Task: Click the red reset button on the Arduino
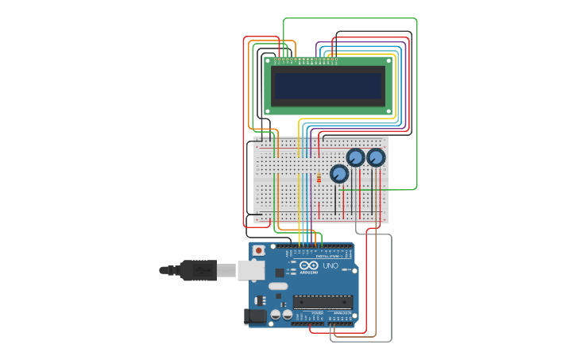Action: (x=258, y=250)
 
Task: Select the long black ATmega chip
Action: (x=323, y=301)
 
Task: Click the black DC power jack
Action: (x=255, y=316)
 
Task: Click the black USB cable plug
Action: (x=199, y=270)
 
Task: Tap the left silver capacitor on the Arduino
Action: (x=276, y=315)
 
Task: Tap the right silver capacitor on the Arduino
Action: (x=287, y=315)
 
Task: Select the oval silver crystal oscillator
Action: (x=278, y=286)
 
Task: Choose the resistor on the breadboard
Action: (x=319, y=178)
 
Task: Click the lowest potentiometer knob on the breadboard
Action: (x=339, y=174)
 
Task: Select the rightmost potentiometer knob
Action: (x=376, y=157)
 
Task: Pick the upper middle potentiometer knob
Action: (x=356, y=157)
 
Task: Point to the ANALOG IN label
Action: (x=342, y=314)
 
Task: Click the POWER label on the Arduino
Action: (x=317, y=314)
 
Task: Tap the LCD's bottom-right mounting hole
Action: (x=389, y=110)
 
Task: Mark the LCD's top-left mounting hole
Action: (x=269, y=60)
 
